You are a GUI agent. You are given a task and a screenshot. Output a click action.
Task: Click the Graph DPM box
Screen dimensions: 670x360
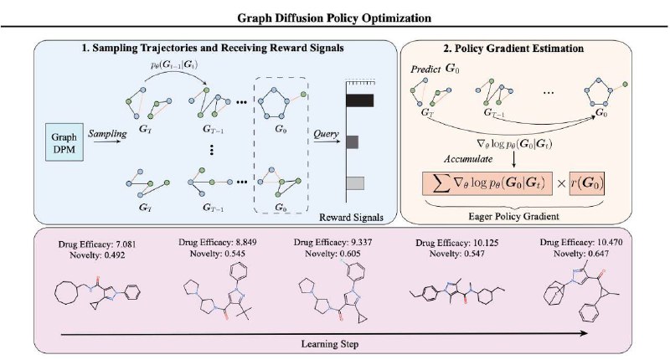click(x=64, y=142)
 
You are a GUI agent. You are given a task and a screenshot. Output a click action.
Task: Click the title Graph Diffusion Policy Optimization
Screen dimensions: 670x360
click(x=334, y=18)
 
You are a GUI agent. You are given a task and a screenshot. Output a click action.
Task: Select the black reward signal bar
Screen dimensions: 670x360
click(x=359, y=100)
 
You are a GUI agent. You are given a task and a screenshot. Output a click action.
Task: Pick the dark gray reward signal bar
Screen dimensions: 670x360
click(x=352, y=141)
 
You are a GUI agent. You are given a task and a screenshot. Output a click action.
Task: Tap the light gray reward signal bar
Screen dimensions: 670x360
click(x=355, y=183)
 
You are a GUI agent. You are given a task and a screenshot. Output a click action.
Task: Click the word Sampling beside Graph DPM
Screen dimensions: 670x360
click(x=107, y=134)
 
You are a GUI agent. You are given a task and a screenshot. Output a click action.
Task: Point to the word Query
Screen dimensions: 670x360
click(x=326, y=134)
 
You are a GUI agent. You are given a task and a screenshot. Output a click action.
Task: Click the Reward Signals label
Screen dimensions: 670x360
click(x=351, y=218)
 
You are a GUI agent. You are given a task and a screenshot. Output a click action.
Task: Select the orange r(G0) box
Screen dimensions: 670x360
click(x=587, y=183)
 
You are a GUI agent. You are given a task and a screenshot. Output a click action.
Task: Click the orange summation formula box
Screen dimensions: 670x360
click(x=487, y=183)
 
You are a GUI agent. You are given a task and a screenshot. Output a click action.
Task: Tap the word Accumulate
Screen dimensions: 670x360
click(x=468, y=159)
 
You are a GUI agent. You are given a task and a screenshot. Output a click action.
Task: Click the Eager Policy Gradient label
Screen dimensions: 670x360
click(x=513, y=216)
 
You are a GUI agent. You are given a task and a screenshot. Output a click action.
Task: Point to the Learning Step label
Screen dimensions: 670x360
click(x=330, y=344)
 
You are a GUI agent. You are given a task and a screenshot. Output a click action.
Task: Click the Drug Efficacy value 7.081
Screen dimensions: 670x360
click(x=126, y=244)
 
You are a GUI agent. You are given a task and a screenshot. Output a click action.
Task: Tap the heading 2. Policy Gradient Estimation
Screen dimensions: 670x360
click(x=513, y=49)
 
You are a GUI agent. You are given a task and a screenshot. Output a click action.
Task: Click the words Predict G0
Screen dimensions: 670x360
click(x=435, y=69)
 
